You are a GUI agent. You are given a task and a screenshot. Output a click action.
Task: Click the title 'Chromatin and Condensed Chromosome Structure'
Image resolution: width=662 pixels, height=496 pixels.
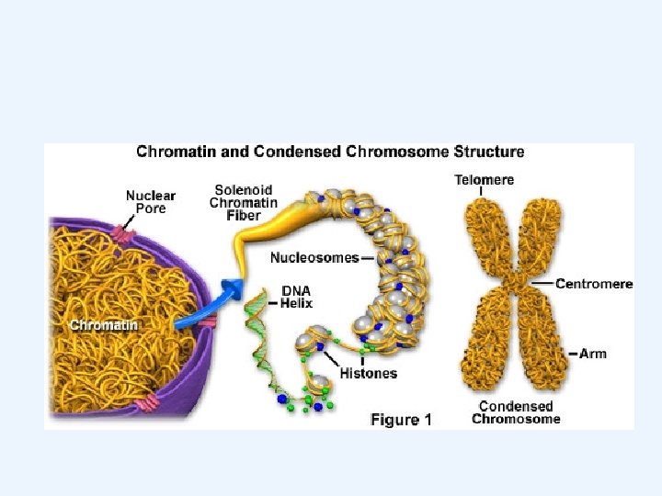[x=331, y=152]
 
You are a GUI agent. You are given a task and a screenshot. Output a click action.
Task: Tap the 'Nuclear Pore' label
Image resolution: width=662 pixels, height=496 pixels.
[x=150, y=202]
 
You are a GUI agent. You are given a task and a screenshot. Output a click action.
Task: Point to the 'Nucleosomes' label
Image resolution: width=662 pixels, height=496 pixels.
[x=315, y=258]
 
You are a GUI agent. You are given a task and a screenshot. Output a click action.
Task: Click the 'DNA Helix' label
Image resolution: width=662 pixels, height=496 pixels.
[x=297, y=297]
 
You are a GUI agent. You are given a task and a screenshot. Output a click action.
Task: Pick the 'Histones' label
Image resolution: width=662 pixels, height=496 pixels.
[x=369, y=374]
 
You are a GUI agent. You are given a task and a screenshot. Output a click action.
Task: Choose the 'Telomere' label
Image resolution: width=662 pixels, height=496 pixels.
[x=484, y=180]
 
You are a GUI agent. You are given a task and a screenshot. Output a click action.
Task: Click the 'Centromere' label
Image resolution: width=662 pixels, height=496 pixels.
[x=595, y=284]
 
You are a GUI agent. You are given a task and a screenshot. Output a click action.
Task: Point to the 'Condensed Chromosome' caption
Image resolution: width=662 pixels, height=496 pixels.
[x=516, y=412]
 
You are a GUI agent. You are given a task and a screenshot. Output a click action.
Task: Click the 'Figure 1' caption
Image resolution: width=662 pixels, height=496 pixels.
[x=401, y=420]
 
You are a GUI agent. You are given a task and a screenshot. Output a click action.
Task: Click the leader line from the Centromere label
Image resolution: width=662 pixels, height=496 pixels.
[x=542, y=285]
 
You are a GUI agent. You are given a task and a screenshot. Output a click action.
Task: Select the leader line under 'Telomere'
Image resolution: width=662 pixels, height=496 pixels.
[x=484, y=192]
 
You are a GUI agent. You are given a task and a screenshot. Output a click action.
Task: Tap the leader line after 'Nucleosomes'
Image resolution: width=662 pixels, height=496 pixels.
[x=368, y=258]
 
